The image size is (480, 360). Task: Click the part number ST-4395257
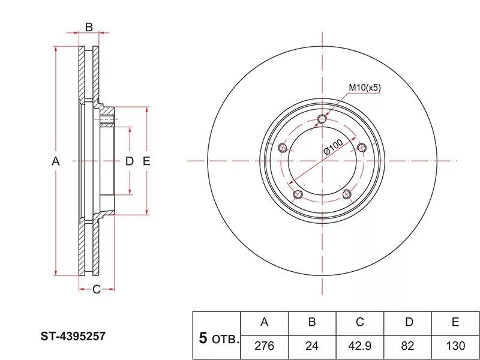point(73,337)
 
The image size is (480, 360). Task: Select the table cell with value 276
point(265,346)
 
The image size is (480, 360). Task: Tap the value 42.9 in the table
point(359,346)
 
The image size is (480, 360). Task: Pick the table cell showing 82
point(407,346)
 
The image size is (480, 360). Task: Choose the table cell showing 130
point(455,346)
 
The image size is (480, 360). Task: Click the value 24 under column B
point(312,346)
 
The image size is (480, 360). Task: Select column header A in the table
point(265,322)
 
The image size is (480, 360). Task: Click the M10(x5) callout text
point(365,88)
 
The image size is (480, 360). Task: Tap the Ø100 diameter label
point(333,147)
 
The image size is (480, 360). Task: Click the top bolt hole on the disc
point(322,119)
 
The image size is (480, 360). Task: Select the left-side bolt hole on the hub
point(283,148)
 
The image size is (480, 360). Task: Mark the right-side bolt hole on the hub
point(362,148)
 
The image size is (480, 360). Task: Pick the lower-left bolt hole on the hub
point(298,194)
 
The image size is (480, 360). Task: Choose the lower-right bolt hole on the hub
point(347,194)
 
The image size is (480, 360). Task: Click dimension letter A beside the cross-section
point(55,161)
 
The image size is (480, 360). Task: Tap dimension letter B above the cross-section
point(89,27)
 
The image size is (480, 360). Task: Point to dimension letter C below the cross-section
point(97,289)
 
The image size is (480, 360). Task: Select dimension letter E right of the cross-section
point(146,161)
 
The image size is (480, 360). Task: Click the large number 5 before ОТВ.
point(203,338)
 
